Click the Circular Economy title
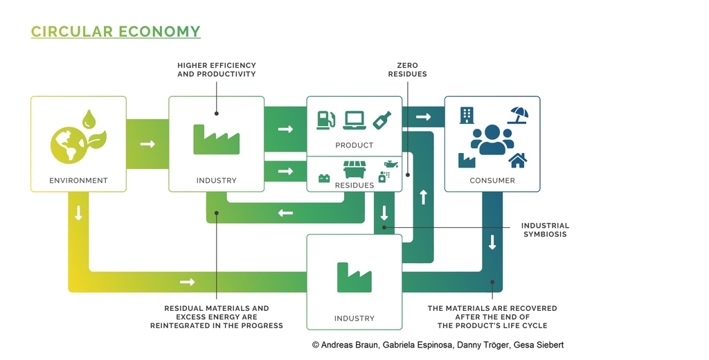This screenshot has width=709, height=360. pos(116,32)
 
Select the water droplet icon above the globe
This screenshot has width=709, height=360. pos(89,118)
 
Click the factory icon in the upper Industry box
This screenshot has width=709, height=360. pos(216,139)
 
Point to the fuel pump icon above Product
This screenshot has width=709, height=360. pos(325,120)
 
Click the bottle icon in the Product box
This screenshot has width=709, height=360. pos(382,119)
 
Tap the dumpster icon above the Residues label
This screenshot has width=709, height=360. pos(354,170)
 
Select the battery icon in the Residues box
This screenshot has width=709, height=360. pos(324,179)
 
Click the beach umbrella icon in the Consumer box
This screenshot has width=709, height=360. pos(518,116)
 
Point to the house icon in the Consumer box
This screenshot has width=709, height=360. pos(518,160)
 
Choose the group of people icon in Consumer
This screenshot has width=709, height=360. pos(492,140)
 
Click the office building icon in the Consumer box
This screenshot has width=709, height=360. pos(467,116)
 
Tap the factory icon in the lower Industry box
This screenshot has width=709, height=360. pos(354,277)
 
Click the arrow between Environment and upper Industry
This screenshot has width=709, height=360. pos(147,144)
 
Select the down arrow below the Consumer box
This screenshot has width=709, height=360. pos(492,242)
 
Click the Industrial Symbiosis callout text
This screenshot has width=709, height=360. pos(545,230)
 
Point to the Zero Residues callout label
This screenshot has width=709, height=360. pos(407,70)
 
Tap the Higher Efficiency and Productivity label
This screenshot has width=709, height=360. pos(217,70)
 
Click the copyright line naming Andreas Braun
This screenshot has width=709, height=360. pos(438,345)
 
